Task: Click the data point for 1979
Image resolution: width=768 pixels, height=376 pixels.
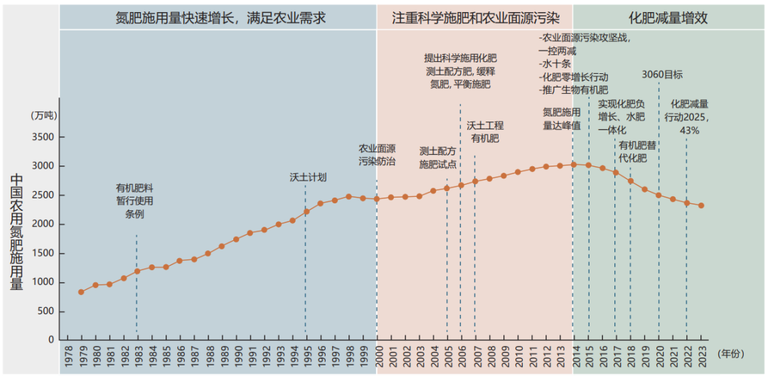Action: [81, 291]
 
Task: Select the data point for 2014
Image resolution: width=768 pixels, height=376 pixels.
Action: [574, 164]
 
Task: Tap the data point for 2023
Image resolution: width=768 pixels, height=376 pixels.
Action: [701, 205]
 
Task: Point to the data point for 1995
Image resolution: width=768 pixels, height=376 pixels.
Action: [306, 211]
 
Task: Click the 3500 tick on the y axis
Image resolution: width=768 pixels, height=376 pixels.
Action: [44, 137]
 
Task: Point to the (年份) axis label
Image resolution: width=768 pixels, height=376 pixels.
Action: [732, 353]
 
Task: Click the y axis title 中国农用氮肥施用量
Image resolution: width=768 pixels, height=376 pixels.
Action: [18, 231]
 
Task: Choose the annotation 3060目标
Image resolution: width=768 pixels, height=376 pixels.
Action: [662, 74]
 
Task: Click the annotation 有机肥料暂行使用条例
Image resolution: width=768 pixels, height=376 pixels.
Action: [135, 201]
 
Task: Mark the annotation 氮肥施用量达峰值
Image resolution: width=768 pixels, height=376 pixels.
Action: [562, 119]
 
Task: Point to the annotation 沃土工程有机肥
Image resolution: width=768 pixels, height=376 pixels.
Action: [485, 131]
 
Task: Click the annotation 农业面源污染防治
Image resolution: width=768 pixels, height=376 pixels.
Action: [377, 155]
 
